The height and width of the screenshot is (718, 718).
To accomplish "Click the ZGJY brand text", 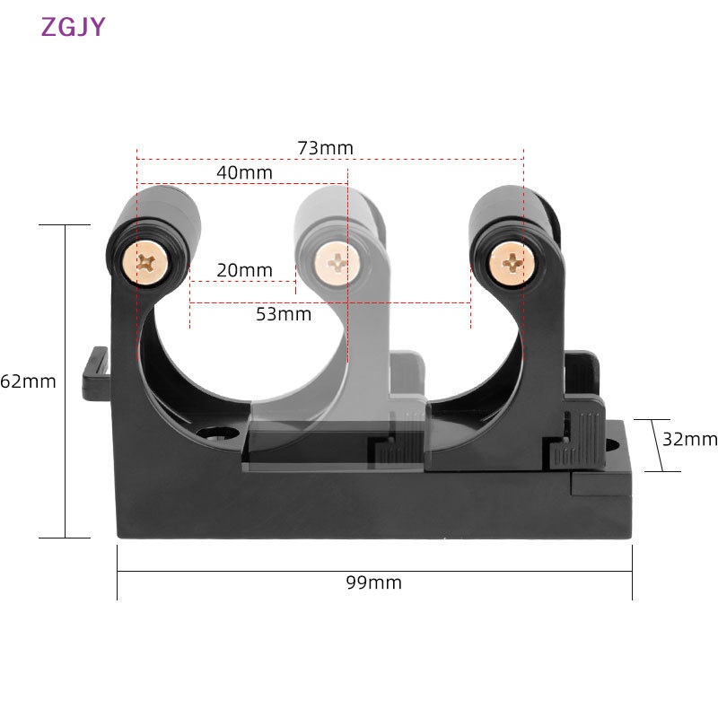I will click(73, 27).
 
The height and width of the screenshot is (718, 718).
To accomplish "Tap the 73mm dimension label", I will click(325, 148).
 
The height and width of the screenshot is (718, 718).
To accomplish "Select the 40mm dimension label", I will click(244, 171).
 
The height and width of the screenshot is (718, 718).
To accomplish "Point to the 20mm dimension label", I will click(244, 270).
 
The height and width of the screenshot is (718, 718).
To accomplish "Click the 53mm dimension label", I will click(284, 314).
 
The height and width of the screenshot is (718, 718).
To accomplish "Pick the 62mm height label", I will click(29, 381).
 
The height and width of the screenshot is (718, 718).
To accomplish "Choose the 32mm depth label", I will click(689, 439).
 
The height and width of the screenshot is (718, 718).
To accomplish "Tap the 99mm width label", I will click(373, 583).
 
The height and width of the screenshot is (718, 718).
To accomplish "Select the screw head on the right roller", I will click(512, 262).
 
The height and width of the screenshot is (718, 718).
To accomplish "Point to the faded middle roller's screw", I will click(338, 263).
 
